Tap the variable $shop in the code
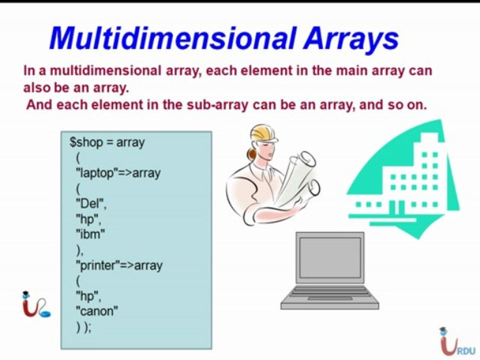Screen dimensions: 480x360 click(86, 142)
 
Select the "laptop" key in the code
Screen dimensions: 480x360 click(96, 173)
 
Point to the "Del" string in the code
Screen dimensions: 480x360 click(90, 203)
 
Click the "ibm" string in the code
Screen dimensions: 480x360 click(90, 234)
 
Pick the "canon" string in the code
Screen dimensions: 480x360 click(96, 311)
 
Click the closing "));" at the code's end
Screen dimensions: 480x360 click(83, 328)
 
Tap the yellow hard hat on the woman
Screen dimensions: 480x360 click(263, 134)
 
